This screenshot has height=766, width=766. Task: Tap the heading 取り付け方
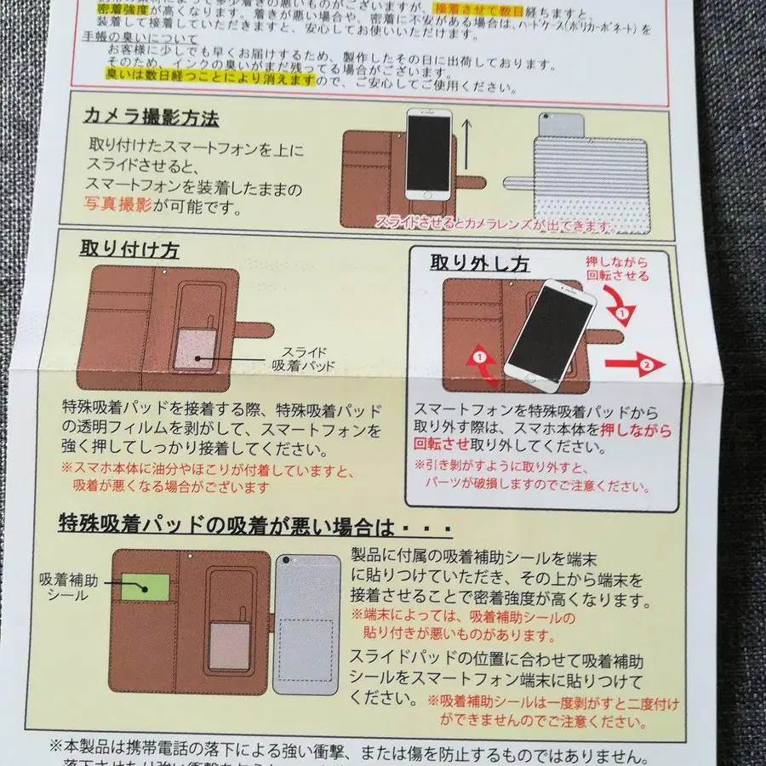129,250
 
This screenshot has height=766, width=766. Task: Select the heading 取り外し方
481,265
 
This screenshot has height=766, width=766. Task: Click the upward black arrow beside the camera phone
466,146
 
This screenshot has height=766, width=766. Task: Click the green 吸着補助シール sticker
146,586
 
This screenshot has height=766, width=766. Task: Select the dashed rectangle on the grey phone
306,649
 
